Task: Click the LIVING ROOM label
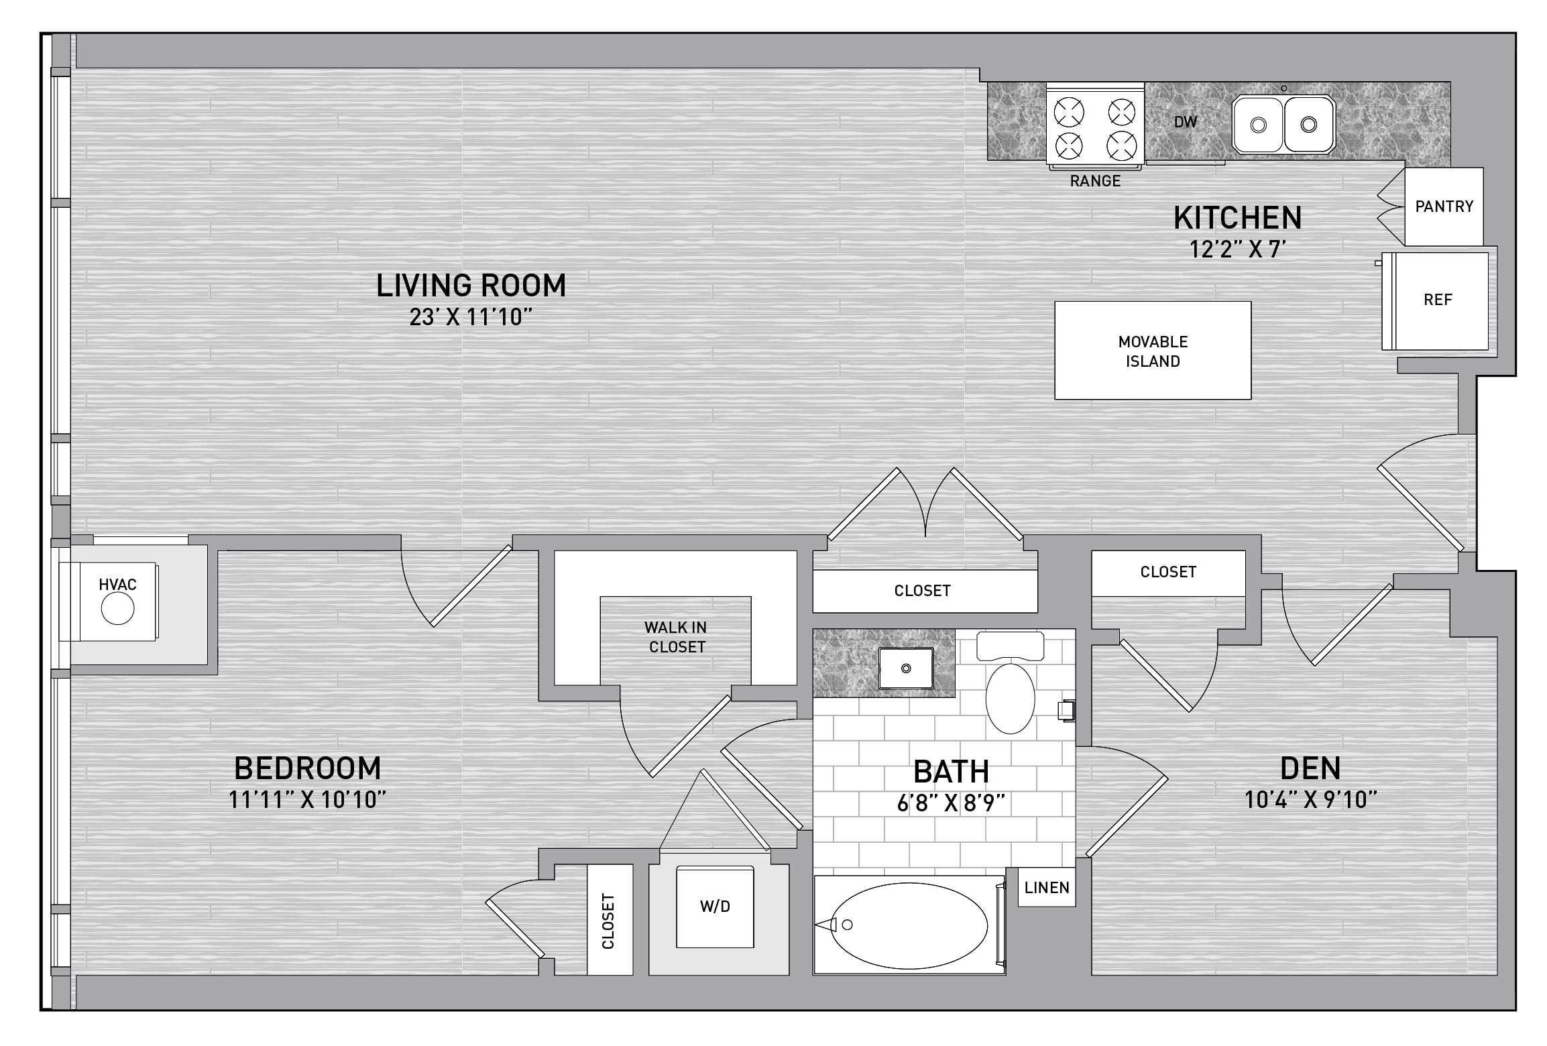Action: click(471, 286)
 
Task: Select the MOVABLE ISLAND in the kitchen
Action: click(1153, 351)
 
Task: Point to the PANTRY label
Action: click(1444, 207)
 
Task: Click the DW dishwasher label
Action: click(1186, 122)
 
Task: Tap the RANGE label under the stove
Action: click(1095, 181)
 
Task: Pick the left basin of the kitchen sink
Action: click(1259, 124)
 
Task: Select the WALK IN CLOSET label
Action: click(675, 637)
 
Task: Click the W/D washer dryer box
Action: click(715, 907)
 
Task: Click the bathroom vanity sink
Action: click(906, 669)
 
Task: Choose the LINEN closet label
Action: click(1047, 888)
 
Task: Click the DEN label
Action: click(1310, 768)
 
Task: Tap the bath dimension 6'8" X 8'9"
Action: click(951, 803)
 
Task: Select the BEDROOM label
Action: click(308, 768)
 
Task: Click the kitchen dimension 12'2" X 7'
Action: click(1237, 249)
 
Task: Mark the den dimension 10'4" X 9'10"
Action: click(1310, 800)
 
